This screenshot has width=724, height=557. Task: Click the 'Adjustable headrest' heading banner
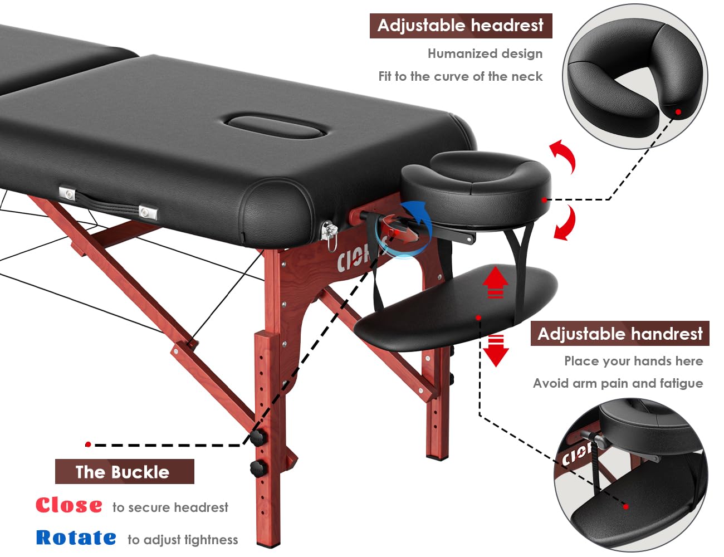tap(461, 26)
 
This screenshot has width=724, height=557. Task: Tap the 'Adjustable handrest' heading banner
tap(620, 334)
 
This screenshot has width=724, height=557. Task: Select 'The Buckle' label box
tap(125, 471)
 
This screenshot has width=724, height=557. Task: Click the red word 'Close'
tap(69, 505)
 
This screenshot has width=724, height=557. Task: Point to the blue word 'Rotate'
tap(76, 538)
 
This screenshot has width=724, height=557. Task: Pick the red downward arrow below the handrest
tap(496, 350)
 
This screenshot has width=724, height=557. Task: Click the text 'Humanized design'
tap(485, 53)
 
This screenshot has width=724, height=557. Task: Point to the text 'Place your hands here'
tap(634, 361)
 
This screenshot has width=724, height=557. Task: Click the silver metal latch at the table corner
tap(329, 231)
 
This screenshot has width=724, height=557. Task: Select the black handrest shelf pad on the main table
tap(455, 308)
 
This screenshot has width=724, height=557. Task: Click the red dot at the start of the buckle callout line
tap(88, 444)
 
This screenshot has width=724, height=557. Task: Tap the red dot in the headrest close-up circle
tap(678, 112)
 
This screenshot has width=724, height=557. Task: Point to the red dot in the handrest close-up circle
tap(626, 507)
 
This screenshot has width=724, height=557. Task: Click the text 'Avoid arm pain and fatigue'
tap(618, 383)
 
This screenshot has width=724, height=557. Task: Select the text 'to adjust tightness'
tap(183, 540)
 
